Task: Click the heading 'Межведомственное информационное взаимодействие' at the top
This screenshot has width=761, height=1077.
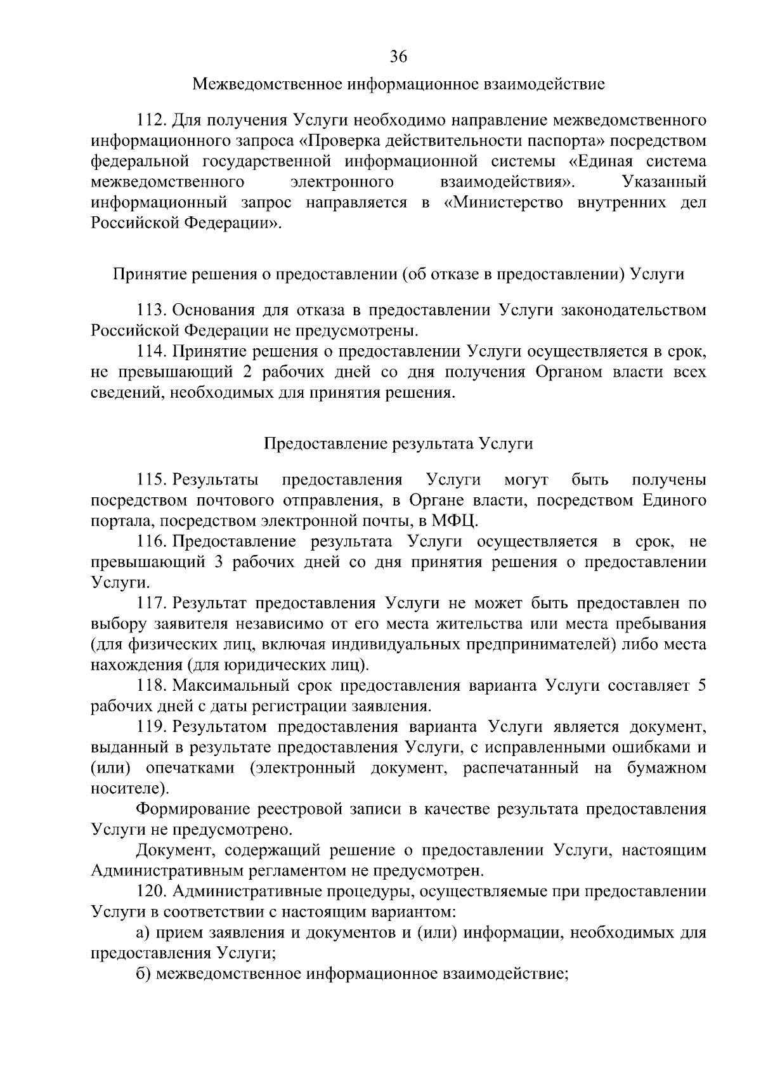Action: [x=398, y=84]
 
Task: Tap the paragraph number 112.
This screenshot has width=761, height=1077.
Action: [x=151, y=121]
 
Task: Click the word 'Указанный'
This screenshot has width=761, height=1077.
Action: [x=665, y=183]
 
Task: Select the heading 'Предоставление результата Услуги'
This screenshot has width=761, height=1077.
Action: [x=398, y=443]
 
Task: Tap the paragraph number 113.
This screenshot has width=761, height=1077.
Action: [x=151, y=310]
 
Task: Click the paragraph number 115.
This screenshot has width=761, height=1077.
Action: [x=151, y=480]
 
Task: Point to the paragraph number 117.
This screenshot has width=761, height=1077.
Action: [x=151, y=603]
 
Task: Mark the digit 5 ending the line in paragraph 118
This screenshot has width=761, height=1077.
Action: [x=701, y=686]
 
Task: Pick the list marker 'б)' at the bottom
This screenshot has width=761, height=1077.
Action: [x=143, y=974]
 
